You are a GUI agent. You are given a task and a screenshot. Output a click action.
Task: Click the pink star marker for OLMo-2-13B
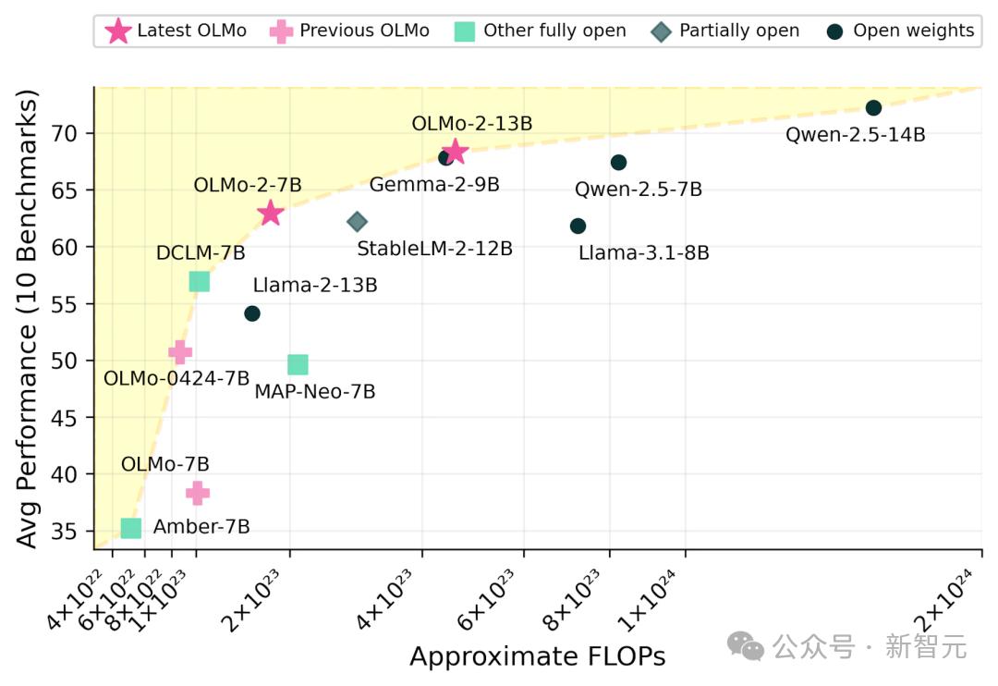[455, 152]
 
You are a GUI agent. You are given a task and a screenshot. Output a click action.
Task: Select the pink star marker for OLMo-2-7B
[270, 214]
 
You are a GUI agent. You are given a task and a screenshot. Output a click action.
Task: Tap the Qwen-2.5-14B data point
[873, 108]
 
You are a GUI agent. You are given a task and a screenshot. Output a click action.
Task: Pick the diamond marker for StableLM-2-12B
[358, 222]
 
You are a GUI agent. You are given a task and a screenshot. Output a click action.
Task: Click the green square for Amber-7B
[131, 528]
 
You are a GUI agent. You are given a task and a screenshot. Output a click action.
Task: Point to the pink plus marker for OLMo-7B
[198, 494]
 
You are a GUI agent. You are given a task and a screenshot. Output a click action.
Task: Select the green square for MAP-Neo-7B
[298, 365]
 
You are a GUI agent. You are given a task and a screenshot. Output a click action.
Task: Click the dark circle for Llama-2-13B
[252, 313]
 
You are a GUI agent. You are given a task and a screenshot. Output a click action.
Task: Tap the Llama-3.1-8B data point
[578, 227]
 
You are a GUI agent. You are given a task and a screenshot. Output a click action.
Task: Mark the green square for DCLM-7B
[199, 282]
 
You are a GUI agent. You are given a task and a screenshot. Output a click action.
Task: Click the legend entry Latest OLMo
[176, 31]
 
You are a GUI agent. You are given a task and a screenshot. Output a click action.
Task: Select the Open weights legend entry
[900, 31]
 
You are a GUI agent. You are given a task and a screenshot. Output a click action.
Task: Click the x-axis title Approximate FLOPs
[537, 656]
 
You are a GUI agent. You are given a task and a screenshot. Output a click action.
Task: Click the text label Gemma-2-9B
[434, 185]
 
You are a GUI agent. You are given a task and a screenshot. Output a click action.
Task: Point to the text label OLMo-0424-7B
[176, 378]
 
